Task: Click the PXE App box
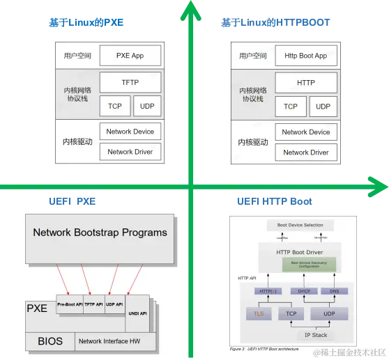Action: [x=130, y=55]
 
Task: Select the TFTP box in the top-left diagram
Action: [x=130, y=83]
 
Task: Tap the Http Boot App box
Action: [x=305, y=55]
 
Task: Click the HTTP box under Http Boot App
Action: [x=305, y=83]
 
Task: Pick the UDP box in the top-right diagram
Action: [x=323, y=107]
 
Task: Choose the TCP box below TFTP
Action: [x=114, y=107]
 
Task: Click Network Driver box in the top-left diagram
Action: [x=130, y=152]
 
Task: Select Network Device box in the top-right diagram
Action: [x=305, y=132]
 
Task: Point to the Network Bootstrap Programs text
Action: [x=100, y=233]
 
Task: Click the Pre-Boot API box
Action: [x=70, y=304]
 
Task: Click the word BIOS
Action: [x=49, y=341]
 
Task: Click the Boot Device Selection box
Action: [x=300, y=225]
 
